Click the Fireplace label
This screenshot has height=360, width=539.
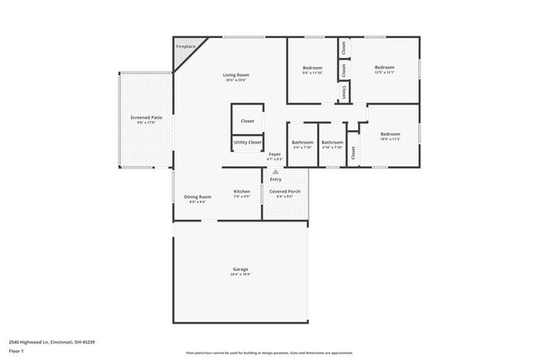click(x=186, y=46)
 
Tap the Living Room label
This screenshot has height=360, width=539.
click(x=236, y=75)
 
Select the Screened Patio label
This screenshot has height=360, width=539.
click(x=146, y=118)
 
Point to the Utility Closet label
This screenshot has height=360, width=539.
click(x=247, y=142)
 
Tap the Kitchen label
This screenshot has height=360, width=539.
click(x=241, y=192)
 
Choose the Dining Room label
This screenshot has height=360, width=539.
click(x=197, y=197)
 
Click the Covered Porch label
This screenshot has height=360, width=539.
click(x=285, y=192)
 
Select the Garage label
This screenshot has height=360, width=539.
click(x=240, y=269)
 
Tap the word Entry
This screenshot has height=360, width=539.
click(x=276, y=179)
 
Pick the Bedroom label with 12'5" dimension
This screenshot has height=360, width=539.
click(x=384, y=67)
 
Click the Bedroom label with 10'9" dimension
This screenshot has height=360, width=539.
click(x=390, y=134)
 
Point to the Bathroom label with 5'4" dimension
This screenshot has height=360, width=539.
click(x=302, y=142)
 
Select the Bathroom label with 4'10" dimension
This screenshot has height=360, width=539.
click(x=332, y=142)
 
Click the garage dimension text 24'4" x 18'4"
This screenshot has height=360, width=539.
click(x=240, y=275)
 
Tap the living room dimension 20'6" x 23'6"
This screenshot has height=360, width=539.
click(x=236, y=80)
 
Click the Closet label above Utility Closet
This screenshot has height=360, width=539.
click(x=247, y=121)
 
